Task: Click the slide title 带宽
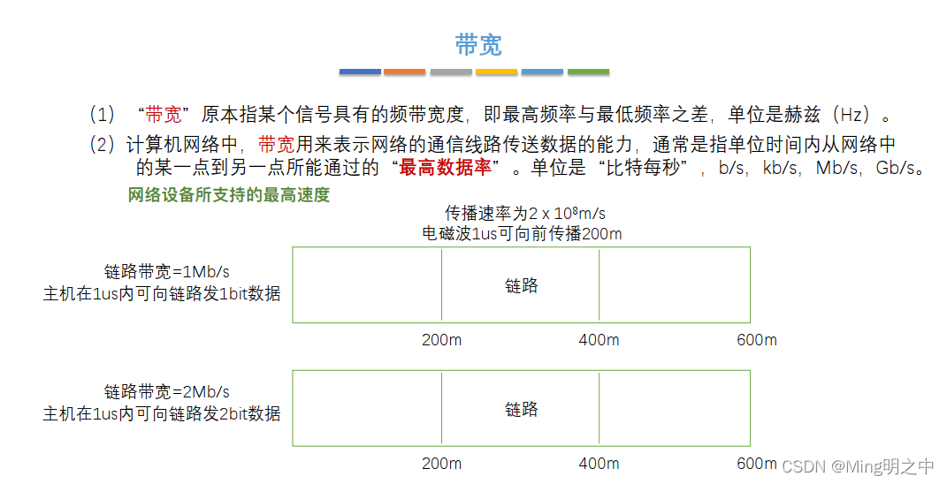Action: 478,45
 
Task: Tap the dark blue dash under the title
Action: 361,72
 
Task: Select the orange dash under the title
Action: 405,72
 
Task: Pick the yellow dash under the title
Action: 496,72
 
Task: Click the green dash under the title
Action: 588,72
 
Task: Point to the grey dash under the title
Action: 451,72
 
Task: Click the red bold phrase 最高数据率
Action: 445,168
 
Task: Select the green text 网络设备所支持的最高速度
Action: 229,195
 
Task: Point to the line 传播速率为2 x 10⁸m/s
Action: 531,214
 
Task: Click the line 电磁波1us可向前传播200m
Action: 522,233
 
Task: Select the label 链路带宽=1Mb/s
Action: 167,271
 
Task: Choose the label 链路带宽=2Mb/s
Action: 167,391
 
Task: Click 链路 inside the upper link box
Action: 522,285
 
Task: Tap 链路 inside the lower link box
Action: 522,409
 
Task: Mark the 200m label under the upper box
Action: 441,340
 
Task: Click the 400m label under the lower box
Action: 599,464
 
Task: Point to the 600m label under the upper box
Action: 756,340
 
